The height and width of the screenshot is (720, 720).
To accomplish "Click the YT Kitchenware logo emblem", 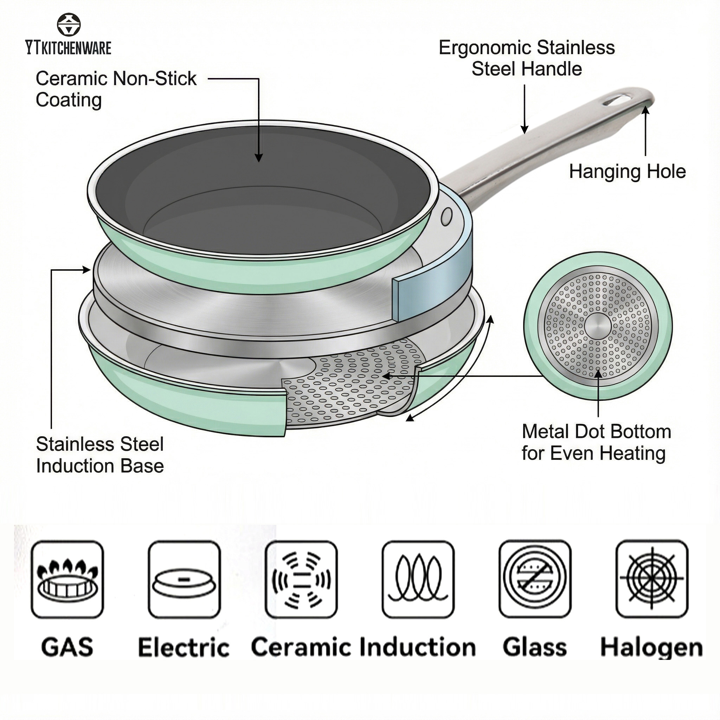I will click(x=69, y=25).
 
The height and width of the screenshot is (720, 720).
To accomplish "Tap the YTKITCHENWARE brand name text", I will click(x=69, y=49).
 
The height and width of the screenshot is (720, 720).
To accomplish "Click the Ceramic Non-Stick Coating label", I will click(x=116, y=89).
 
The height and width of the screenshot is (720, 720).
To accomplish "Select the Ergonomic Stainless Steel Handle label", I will click(x=526, y=58).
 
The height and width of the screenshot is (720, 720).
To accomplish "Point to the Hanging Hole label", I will click(x=627, y=172).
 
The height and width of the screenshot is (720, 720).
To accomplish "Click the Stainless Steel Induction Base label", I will click(x=100, y=455).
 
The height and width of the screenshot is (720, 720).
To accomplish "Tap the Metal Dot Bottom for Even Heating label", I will click(x=596, y=442).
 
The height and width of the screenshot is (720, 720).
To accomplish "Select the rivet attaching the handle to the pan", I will click(x=446, y=216).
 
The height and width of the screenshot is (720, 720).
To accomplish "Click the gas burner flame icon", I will click(x=67, y=579).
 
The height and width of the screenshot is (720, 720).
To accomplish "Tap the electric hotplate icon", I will click(x=184, y=579).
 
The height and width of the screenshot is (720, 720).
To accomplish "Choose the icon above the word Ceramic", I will click(x=301, y=579).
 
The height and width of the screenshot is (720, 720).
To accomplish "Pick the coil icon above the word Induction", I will click(x=418, y=579).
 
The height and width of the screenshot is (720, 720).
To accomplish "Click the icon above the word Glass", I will click(x=535, y=579).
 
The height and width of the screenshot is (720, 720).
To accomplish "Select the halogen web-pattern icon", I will click(x=652, y=579).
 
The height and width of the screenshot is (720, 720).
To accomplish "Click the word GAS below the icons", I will click(x=67, y=647).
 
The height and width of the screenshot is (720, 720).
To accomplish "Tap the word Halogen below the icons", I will click(x=651, y=647).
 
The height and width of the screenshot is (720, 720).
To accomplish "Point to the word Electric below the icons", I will click(x=184, y=647).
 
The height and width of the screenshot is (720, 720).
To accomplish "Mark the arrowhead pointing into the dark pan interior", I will click(x=259, y=158).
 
